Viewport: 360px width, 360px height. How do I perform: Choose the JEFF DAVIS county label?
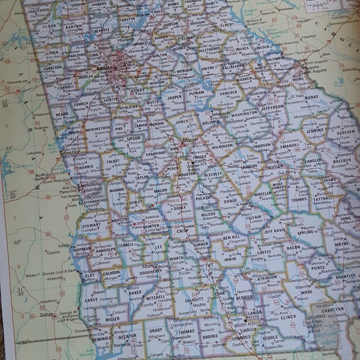tap(275, 230)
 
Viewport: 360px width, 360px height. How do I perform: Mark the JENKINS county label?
tap(314, 131)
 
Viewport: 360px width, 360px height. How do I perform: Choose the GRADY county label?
tap(156, 330)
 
